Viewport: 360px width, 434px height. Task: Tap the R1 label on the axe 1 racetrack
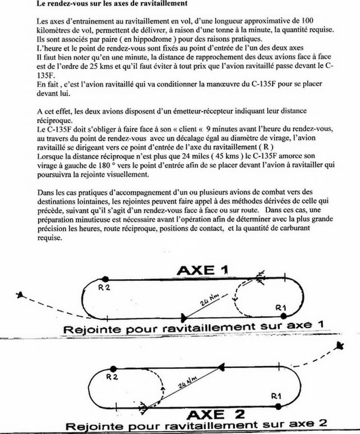(281, 307)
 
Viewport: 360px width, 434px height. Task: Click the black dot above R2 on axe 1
(105, 279)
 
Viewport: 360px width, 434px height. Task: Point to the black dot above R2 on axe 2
(112, 368)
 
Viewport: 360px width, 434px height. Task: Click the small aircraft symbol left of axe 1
(19, 295)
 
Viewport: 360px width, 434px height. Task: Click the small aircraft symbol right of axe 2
(341, 346)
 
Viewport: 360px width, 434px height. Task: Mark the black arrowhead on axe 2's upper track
(222, 368)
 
